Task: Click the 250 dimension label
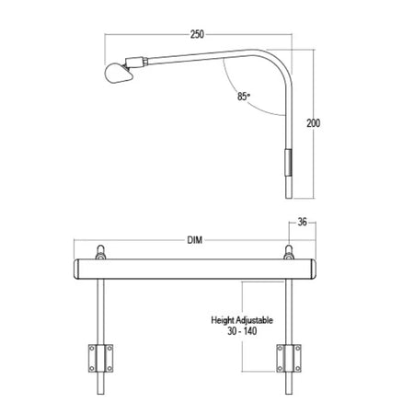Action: click(197, 34)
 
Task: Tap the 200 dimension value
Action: click(314, 123)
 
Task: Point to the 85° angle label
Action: click(244, 97)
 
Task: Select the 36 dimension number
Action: click(303, 222)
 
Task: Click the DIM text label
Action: click(195, 240)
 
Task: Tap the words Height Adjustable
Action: click(242, 320)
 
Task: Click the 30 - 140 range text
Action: click(242, 331)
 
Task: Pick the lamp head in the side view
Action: click(119, 73)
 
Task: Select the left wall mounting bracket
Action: click(100, 358)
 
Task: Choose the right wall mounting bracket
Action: click(289, 358)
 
